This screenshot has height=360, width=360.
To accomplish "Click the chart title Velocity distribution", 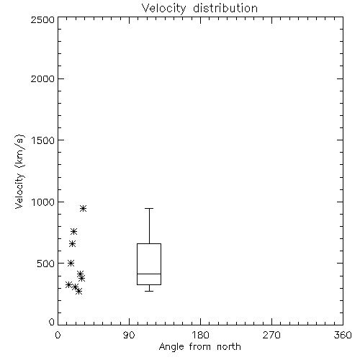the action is click(x=199, y=9).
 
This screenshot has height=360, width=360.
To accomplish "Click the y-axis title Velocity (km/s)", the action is click(x=19, y=171).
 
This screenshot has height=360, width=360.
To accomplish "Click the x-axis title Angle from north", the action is click(x=199, y=347).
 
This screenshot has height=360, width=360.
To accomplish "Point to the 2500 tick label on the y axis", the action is click(x=42, y=19).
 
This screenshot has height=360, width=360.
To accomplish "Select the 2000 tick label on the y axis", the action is click(x=42, y=78).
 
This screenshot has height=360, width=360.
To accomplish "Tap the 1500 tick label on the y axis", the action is click(x=43, y=140).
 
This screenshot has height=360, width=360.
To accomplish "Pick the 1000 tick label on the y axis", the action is click(x=43, y=202).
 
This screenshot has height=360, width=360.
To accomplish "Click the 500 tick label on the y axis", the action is click(x=46, y=264).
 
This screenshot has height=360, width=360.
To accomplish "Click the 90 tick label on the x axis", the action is click(x=129, y=335).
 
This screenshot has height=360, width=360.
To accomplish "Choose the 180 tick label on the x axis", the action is click(x=200, y=335).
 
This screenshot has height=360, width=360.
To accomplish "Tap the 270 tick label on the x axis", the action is click(x=271, y=335).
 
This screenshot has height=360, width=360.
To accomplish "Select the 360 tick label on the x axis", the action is click(x=343, y=335).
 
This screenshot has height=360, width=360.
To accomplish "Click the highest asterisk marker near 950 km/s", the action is click(x=83, y=208).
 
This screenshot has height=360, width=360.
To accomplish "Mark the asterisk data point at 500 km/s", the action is click(x=71, y=263).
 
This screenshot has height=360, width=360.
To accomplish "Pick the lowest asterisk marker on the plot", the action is click(x=78, y=292).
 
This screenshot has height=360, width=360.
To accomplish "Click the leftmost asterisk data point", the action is click(x=68, y=285).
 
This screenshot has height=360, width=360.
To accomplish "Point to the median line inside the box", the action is click(x=149, y=274).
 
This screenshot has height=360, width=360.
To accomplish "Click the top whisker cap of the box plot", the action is click(x=149, y=208).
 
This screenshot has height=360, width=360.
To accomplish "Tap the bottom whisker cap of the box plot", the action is click(x=149, y=291).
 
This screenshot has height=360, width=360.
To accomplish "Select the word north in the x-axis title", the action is click(x=229, y=347).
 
